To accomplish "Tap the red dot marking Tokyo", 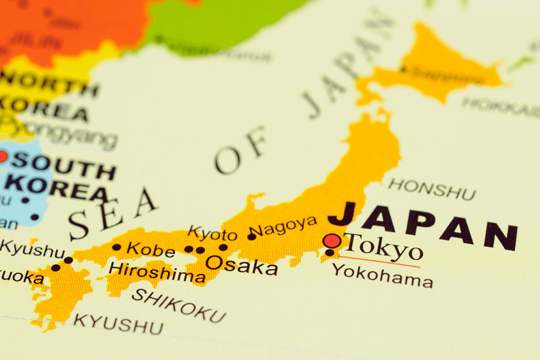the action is pyautogui.click(x=332, y=241).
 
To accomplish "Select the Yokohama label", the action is pyautogui.click(x=382, y=278).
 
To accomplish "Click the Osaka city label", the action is pyautogui.click(x=241, y=264).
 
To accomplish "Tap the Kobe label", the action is pyautogui.click(x=150, y=249).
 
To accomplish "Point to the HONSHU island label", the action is pyautogui.click(x=432, y=189).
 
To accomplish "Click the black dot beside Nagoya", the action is pyautogui.click(x=251, y=237).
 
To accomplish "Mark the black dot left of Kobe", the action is pyautogui.click(x=116, y=247).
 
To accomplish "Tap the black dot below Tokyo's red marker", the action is pyautogui.click(x=329, y=253).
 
